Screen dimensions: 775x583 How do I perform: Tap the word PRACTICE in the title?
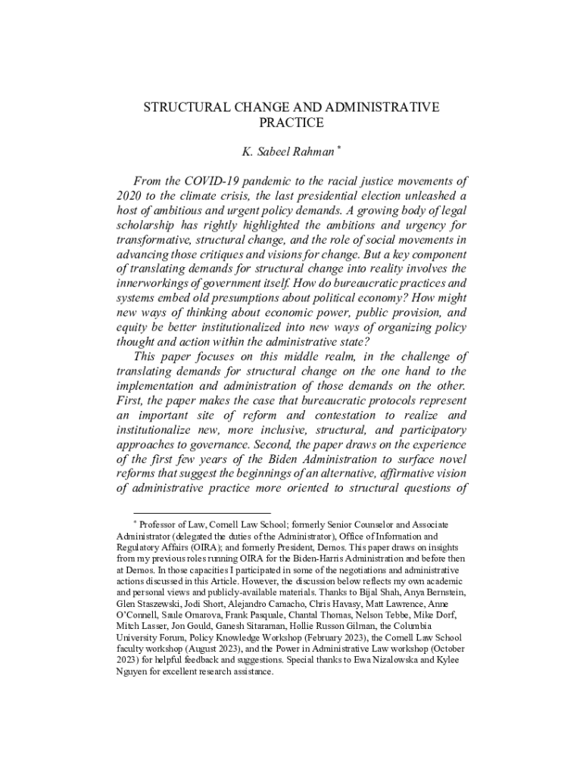(291, 123)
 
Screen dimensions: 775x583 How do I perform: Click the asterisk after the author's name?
(339, 148)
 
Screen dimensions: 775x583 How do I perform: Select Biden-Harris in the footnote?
(336, 559)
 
